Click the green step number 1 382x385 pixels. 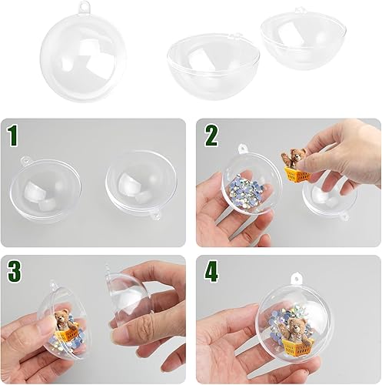click(12, 136)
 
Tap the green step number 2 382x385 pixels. click(211, 136)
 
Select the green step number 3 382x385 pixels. click(14, 271)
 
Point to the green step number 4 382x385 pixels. click(211, 272)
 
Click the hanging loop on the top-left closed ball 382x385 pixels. click(82, 5)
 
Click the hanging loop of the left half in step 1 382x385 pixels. click(25, 160)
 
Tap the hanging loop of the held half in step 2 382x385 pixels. click(242, 148)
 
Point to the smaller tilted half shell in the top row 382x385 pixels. click(303, 40)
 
